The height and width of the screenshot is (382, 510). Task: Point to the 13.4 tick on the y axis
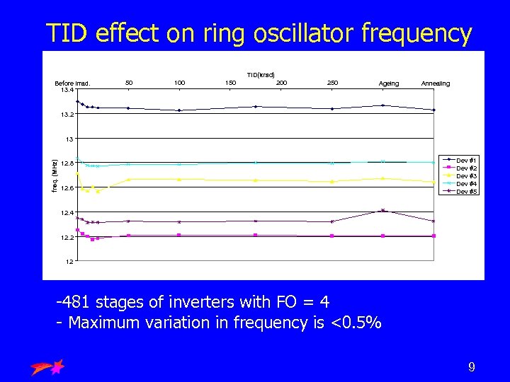pyautogui.click(x=66, y=90)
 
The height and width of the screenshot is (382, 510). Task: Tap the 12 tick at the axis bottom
pyautogui.click(x=69, y=262)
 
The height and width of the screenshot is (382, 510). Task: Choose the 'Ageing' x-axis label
pyautogui.click(x=389, y=83)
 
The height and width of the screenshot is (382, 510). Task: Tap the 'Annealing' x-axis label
pyautogui.click(x=435, y=83)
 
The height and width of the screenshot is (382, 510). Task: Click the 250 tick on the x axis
pyautogui.click(x=333, y=83)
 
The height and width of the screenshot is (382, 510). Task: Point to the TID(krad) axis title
pyautogui.click(x=261, y=75)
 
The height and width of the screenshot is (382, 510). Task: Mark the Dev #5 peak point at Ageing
pyautogui.click(x=382, y=210)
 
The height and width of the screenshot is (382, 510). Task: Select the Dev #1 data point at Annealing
pyautogui.click(x=433, y=110)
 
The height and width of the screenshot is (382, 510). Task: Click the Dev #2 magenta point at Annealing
pyautogui.click(x=433, y=236)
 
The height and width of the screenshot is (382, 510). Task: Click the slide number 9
pyautogui.click(x=471, y=366)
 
